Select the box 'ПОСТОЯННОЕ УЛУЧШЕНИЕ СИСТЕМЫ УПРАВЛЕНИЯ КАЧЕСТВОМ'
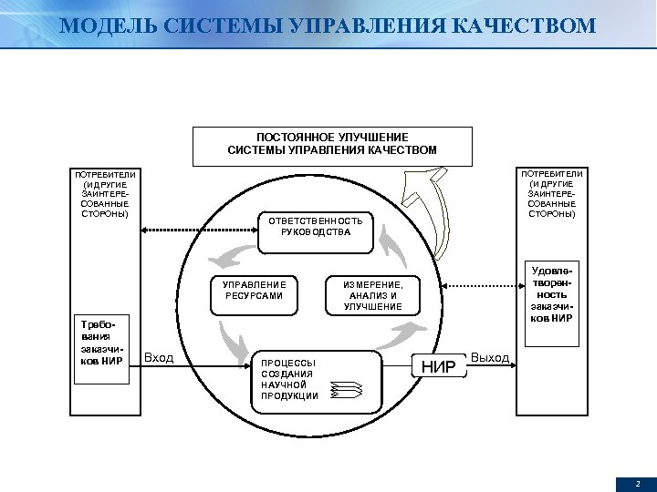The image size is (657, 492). (332, 144)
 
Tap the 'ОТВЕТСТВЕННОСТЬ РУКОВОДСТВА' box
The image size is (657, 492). (316, 226)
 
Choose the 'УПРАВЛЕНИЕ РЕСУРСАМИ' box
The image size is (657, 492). (254, 291)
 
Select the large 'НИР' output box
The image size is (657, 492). (441, 367)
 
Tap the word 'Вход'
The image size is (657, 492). (159, 358)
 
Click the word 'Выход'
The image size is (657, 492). (490, 357)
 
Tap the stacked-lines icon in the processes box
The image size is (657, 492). (346, 390)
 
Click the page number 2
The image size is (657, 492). (638, 483)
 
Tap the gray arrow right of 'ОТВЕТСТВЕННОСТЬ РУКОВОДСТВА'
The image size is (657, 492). (393, 242)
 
